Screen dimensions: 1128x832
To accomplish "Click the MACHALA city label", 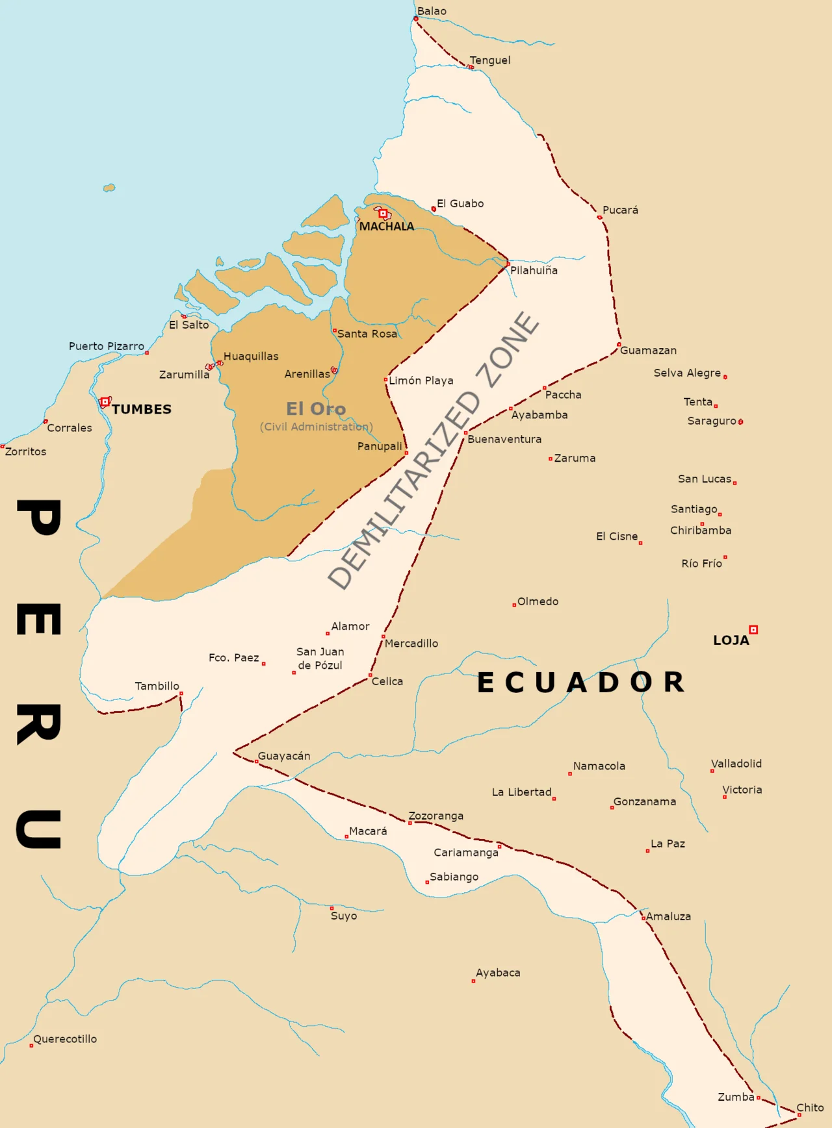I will (x=386, y=227).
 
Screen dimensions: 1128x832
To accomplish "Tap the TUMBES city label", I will (x=142, y=409).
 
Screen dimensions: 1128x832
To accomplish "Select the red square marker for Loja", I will (x=753, y=629).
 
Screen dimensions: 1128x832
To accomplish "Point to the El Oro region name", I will (x=316, y=408).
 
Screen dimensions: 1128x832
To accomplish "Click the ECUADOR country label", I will (x=581, y=683).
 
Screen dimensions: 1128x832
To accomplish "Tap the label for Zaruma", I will (x=575, y=458).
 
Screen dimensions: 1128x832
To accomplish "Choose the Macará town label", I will (x=368, y=831).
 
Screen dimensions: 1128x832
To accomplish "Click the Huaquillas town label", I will (x=251, y=357).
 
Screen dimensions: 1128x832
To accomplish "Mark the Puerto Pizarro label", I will (x=107, y=346).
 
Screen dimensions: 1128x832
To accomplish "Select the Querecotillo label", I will (x=65, y=1039).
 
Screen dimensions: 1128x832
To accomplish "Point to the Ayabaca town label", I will (x=498, y=973).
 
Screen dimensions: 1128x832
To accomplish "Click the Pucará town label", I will (x=620, y=210).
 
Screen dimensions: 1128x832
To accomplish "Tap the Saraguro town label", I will (x=712, y=421).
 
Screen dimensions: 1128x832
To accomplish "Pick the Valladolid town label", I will (x=736, y=764).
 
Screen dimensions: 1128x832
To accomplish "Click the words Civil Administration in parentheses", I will (x=316, y=427).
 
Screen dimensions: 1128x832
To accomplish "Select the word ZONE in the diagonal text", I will (x=508, y=350).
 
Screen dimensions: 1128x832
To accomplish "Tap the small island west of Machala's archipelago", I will (x=109, y=188).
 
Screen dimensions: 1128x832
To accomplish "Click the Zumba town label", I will (x=736, y=1097).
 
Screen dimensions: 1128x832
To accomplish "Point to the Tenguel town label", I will (x=490, y=60).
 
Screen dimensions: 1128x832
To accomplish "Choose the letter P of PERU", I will (x=39, y=517).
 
